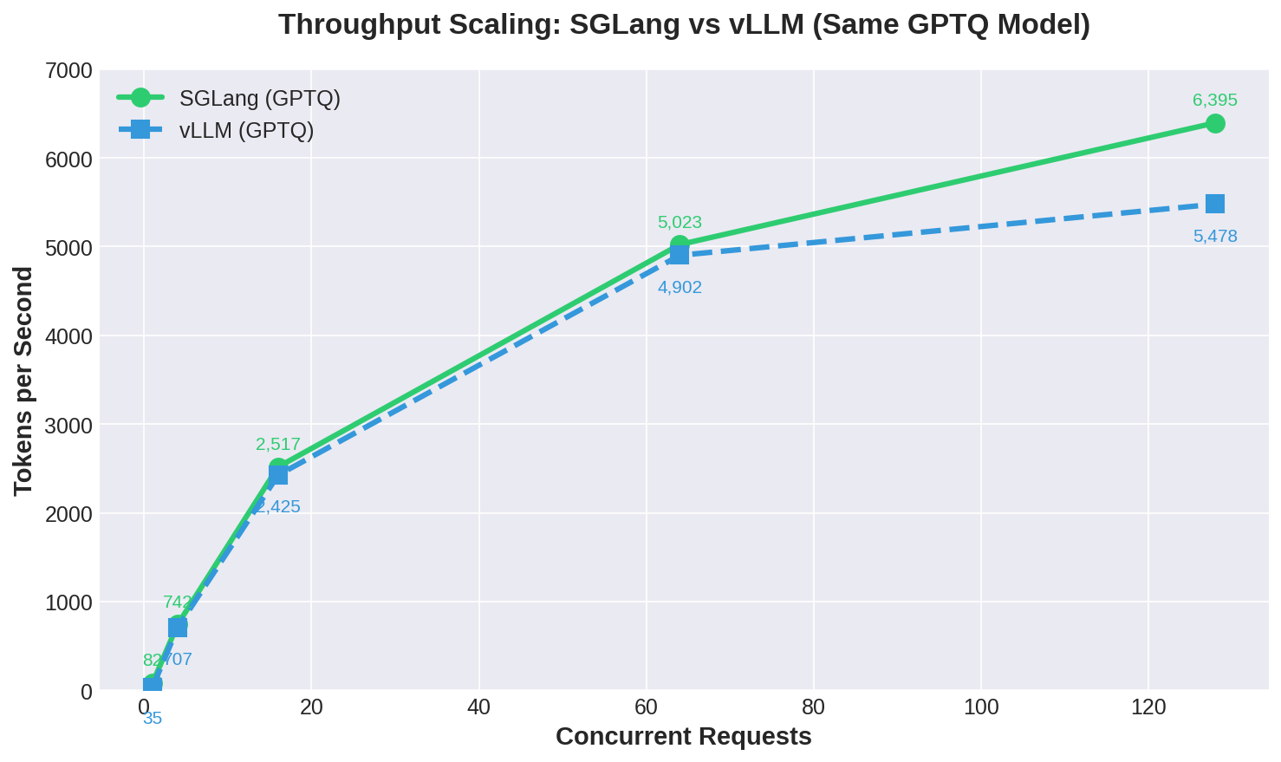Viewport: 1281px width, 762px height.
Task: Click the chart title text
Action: point(684,24)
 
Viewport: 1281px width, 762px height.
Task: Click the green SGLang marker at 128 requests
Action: point(1215,124)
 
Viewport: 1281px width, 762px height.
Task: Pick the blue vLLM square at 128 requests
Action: point(1215,204)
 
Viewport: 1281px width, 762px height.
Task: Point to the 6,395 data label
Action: point(1215,101)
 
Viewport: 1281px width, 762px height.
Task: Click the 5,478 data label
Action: point(1215,237)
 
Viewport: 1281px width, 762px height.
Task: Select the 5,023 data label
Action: point(680,223)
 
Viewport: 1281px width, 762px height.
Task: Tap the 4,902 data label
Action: point(680,288)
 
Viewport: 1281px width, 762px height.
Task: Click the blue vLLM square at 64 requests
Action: point(680,255)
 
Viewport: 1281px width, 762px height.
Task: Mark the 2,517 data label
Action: point(278,445)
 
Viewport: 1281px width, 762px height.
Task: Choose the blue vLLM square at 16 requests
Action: point(278,475)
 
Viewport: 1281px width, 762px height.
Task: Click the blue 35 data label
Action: point(153,719)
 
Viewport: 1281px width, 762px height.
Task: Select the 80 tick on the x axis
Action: point(813,707)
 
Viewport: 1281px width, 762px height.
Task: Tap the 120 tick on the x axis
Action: point(1148,707)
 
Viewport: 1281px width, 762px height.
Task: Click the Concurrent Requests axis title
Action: point(683,737)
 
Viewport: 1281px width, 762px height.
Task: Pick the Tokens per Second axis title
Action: point(24,381)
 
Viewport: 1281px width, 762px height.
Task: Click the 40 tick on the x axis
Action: point(478,707)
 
